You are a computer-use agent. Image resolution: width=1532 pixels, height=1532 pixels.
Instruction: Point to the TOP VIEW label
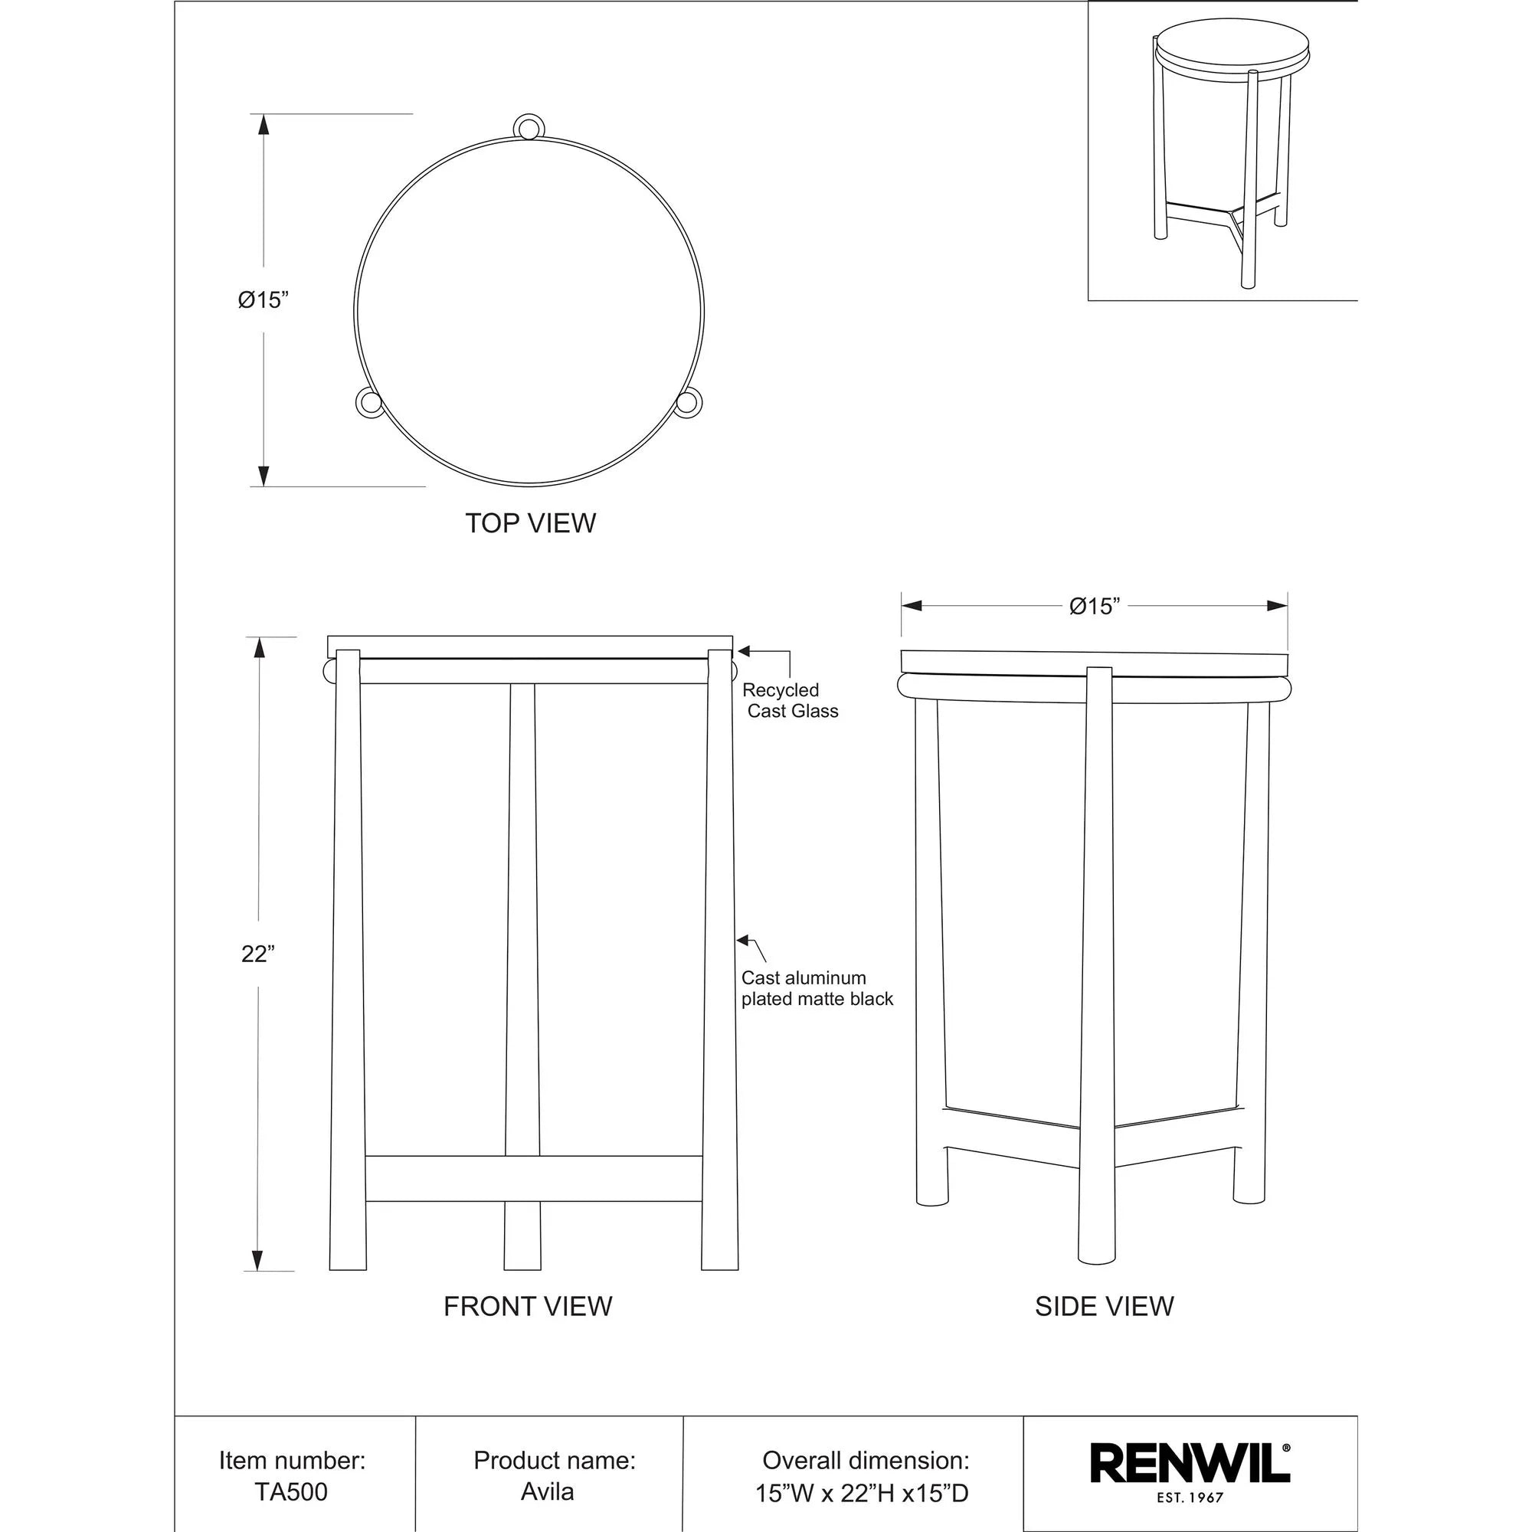pos(530,523)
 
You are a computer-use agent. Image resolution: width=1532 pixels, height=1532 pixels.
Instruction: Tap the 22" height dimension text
pos(257,954)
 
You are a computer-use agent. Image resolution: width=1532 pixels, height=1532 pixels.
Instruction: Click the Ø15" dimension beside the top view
pos(263,300)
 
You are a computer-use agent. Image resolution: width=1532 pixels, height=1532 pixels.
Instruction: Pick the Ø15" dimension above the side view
pos(1095,607)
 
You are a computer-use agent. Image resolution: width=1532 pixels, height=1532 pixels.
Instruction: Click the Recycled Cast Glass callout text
pos(790,701)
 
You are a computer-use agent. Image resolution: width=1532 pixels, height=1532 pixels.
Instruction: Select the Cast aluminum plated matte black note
pos(817,989)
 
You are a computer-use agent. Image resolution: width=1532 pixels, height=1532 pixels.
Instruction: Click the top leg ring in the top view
pos(529,126)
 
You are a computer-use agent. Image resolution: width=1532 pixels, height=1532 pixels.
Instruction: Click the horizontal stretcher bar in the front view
pos(533,1179)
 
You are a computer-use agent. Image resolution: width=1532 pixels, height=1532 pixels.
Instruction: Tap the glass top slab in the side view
pos(1095,662)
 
